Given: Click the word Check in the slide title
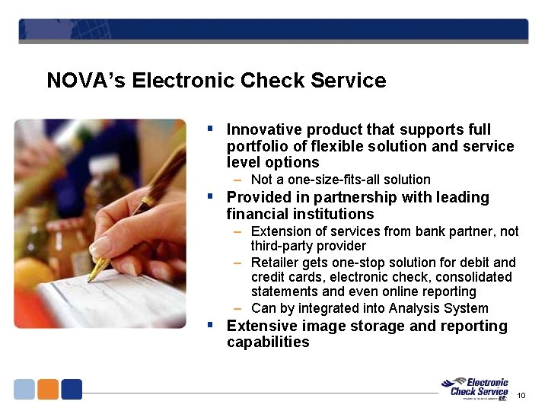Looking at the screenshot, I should pyautogui.click(x=267, y=81).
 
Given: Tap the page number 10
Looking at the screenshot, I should pyautogui.click(x=521, y=395).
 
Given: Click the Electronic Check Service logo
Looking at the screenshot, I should pyautogui.click(x=478, y=387).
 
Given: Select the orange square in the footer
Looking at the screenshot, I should pyautogui.click(x=48, y=389).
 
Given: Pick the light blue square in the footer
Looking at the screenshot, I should pyautogui.click(x=24, y=389).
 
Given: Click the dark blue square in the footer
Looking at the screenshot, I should pyautogui.click(x=72, y=389).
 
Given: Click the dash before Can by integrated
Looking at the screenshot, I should pyautogui.click(x=238, y=308).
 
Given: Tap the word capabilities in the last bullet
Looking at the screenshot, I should pyautogui.click(x=268, y=342).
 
